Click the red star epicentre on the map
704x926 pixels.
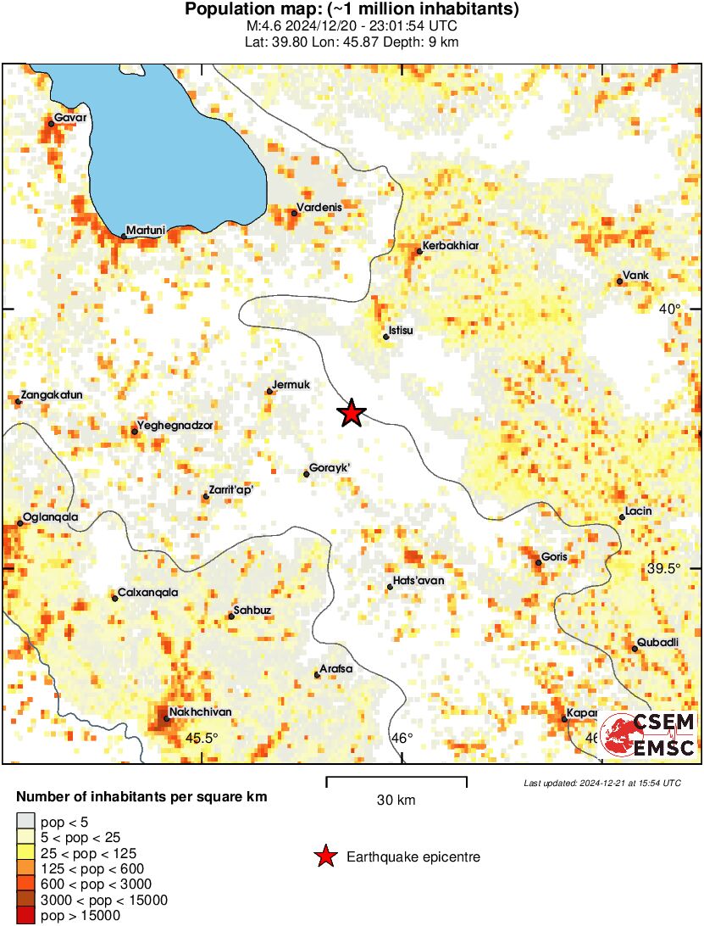pyautogui.click(x=351, y=414)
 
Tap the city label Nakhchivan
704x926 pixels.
pyautogui.click(x=200, y=711)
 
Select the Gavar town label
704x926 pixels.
pyautogui.click(x=70, y=117)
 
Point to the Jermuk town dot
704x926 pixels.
pyautogui.click(x=269, y=391)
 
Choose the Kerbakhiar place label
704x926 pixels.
pyautogui.click(x=450, y=246)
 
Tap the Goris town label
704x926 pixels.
pyautogui.click(x=554, y=557)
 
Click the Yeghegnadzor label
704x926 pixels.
pyautogui.click(x=175, y=426)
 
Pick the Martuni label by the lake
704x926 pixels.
pyautogui.click(x=145, y=230)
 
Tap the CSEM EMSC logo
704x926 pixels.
pyautogui.click(x=647, y=734)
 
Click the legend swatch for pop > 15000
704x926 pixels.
pyautogui.click(x=27, y=916)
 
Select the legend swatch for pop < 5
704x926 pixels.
pyautogui.click(x=27, y=821)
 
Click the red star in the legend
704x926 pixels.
pyautogui.click(x=325, y=857)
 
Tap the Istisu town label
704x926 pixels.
pyautogui.click(x=400, y=330)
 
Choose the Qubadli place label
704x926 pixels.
pyautogui.click(x=657, y=642)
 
